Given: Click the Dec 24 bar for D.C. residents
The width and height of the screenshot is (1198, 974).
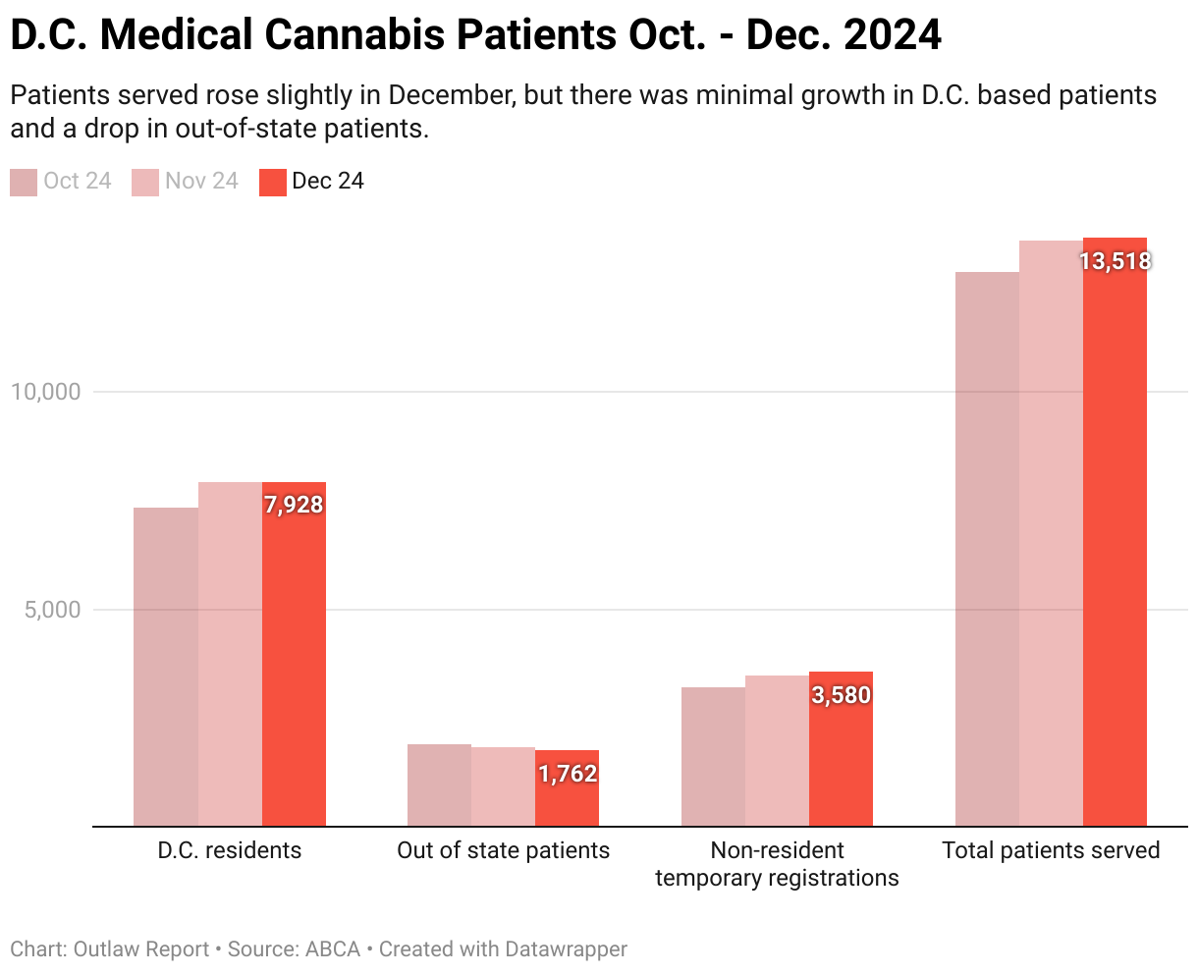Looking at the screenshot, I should (x=294, y=668).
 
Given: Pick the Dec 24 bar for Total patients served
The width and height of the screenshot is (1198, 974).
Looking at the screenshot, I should (x=1115, y=550).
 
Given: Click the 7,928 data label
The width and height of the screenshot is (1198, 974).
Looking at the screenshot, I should (x=294, y=505).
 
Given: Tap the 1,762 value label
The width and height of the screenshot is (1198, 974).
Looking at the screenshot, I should (x=568, y=774).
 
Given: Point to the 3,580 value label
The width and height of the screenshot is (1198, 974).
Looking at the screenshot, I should (x=842, y=695).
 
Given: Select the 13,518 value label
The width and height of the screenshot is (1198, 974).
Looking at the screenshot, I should (x=1115, y=261).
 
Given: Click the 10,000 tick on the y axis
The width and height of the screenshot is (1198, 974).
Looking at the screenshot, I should (x=45, y=392).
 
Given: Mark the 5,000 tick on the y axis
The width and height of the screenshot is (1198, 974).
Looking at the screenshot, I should (x=52, y=610).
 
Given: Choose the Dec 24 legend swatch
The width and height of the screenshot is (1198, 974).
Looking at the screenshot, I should (x=273, y=183).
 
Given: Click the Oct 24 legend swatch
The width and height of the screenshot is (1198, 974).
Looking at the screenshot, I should (x=24, y=183).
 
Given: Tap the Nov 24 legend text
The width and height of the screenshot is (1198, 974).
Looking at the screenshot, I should (x=201, y=182).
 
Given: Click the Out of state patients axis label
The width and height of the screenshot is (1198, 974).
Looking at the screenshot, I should (x=503, y=850).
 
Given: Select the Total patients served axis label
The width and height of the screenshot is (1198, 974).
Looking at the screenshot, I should (x=1051, y=850).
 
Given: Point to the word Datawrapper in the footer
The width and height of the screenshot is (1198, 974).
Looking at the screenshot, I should (x=566, y=949).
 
